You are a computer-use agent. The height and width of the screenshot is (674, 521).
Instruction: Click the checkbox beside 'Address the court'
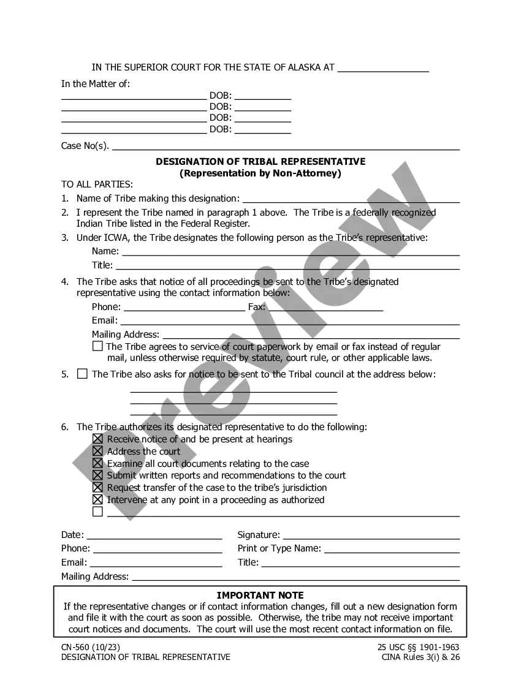coord(97,452)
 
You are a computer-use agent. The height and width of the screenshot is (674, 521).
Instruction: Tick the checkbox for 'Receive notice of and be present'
coord(97,439)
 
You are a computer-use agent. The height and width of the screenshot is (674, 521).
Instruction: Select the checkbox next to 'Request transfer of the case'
coord(97,488)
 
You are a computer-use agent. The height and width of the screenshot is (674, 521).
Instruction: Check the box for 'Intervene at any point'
coord(97,500)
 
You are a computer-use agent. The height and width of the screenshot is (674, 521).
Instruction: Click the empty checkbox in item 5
coord(82,374)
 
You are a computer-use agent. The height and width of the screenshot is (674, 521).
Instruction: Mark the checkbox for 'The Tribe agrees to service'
coord(97,346)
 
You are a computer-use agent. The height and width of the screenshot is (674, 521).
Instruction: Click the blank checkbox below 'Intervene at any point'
coord(97,512)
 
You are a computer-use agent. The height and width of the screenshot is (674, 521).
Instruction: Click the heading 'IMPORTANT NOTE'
coord(260,595)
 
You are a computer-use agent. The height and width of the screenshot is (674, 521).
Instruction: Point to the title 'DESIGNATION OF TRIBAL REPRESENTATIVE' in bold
coord(260,162)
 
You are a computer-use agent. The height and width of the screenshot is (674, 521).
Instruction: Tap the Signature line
coord(371,535)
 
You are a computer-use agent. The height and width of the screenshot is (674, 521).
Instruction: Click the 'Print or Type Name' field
coord(392,548)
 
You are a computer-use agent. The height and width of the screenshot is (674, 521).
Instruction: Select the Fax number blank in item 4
coord(325,307)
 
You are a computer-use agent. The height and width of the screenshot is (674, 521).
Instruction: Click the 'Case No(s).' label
coord(85,146)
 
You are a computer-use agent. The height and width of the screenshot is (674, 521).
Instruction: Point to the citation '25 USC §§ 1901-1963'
coord(419,647)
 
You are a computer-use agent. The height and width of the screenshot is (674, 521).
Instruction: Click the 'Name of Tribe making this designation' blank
coord(351,199)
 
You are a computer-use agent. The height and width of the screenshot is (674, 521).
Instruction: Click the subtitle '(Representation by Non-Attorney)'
coord(260,173)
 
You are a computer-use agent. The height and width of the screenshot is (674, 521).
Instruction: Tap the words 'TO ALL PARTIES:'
coord(97,184)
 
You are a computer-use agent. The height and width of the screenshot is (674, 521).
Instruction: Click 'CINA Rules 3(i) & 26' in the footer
coord(420,657)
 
